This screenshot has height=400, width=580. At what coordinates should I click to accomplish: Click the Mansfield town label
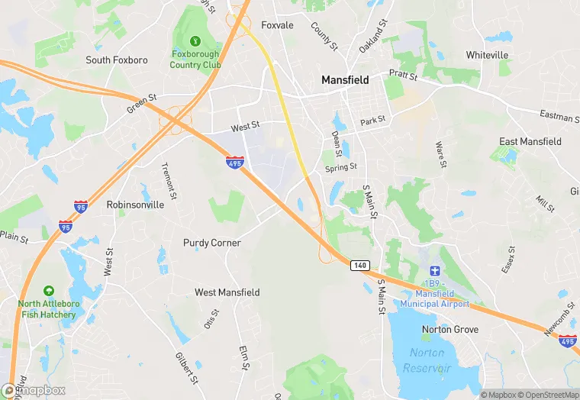(x=345, y=79)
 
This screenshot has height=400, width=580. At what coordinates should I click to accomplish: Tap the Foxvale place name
(x=277, y=25)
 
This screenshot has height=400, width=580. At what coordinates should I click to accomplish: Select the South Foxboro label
(x=116, y=60)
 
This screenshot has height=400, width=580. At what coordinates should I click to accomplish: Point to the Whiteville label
(x=487, y=55)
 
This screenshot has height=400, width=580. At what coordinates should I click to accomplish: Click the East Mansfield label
(x=530, y=141)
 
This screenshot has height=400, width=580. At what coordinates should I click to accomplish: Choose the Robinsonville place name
(x=135, y=205)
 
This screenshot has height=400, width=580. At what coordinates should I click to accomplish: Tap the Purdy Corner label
(x=212, y=243)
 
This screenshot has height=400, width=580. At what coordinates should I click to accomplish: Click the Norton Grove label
(x=450, y=329)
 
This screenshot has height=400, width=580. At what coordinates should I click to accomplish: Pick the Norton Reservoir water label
(x=427, y=360)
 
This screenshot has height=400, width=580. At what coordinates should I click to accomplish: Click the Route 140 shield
(x=360, y=265)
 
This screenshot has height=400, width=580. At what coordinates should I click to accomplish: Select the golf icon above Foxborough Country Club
(x=195, y=40)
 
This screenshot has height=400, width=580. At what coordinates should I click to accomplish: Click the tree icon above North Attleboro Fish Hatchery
(x=48, y=291)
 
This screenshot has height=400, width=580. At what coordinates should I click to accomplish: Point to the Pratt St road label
(x=403, y=76)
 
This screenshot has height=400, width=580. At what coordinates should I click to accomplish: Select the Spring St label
(x=340, y=167)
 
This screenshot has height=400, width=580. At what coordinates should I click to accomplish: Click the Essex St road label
(x=509, y=259)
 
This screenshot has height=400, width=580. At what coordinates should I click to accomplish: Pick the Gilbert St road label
(x=186, y=367)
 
